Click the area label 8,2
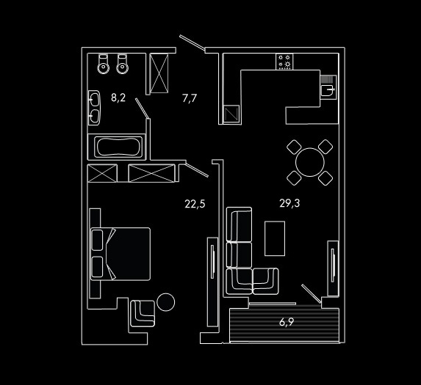(x=118, y=98)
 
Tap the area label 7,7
(x=190, y=98)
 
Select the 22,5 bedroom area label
(x=195, y=204)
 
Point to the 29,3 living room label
(x=289, y=203)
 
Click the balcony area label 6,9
(x=287, y=322)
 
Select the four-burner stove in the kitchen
(x=284, y=62)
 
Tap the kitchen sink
(x=328, y=89)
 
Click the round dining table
(x=310, y=162)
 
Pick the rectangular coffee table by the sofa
(x=275, y=238)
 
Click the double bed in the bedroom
(x=120, y=254)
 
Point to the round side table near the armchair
(x=165, y=302)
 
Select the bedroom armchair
(x=143, y=313)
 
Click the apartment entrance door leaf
(x=192, y=43)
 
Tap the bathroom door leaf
(x=142, y=109)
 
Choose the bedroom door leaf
(x=197, y=170)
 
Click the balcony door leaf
(x=312, y=293)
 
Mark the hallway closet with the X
(x=159, y=73)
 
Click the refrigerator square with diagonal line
(x=231, y=114)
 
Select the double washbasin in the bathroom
(x=94, y=108)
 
